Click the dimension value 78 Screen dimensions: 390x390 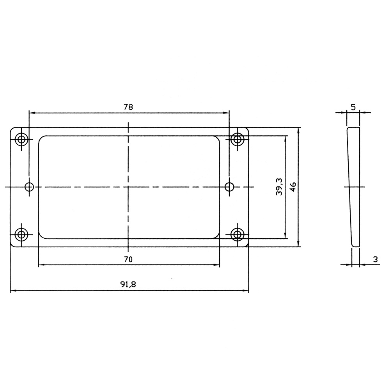(128, 107)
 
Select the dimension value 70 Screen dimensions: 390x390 (128, 259)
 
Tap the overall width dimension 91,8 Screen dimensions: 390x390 (128, 284)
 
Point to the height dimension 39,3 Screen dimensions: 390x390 (279, 186)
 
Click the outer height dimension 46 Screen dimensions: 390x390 (293, 187)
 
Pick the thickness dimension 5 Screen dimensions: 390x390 (353, 108)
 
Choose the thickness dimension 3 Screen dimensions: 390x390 (375, 259)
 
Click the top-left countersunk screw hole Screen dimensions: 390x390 (21, 139)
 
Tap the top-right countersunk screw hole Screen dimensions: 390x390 (237, 139)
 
